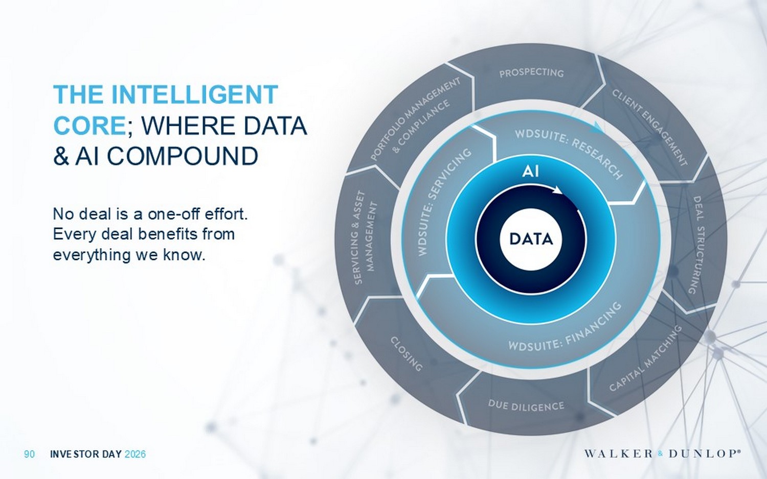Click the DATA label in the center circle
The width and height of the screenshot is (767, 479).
(531, 239)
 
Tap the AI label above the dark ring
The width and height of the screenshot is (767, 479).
(531, 171)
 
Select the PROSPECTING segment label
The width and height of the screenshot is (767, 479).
(531, 73)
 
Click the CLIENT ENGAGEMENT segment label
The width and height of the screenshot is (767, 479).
(649, 127)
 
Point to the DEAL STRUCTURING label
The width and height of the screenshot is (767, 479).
(697, 245)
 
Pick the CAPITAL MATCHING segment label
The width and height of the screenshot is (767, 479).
(646, 358)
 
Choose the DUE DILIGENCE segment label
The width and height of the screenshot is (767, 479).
(526, 406)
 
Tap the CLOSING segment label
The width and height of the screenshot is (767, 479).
(407, 353)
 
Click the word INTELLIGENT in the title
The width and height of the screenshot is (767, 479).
(194, 95)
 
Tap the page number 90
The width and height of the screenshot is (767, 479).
(30, 454)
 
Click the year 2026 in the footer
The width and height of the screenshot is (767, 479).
(135, 454)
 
